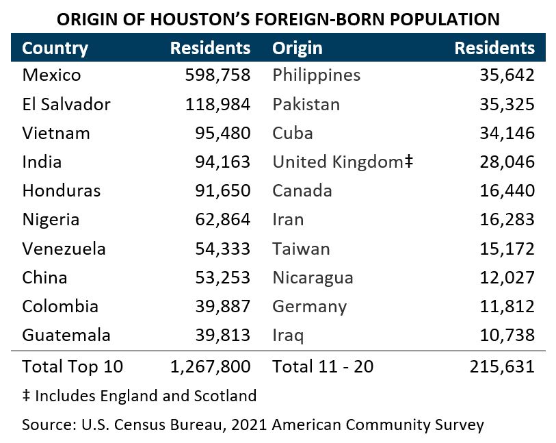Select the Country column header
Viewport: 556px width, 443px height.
pyautogui.click(x=55, y=48)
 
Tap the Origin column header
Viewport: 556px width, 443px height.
pyautogui.click(x=297, y=48)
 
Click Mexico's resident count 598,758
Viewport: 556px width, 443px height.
pyautogui.click(x=217, y=75)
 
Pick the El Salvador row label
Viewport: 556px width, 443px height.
pyautogui.click(x=66, y=104)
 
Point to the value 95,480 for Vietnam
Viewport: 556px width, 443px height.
pyautogui.click(x=222, y=133)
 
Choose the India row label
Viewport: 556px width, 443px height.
pyautogui.click(x=42, y=162)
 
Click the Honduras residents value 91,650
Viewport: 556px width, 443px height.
pyautogui.click(x=222, y=190)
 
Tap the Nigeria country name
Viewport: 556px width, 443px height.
pyautogui.click(x=51, y=219)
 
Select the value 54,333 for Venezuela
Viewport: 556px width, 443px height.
pyautogui.click(x=222, y=249)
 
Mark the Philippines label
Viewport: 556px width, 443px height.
pyautogui.click(x=316, y=75)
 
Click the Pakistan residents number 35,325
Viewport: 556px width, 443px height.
pyautogui.click(x=506, y=104)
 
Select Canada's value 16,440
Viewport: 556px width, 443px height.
pyautogui.click(x=506, y=190)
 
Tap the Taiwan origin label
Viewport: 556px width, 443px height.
pyautogui.click(x=301, y=249)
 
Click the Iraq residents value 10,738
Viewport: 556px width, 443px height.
pyautogui.click(x=506, y=335)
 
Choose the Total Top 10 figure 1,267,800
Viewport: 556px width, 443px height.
pyautogui.click(x=210, y=366)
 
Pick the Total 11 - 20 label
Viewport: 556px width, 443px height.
pyautogui.click(x=323, y=366)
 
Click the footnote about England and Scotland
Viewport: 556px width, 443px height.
pyautogui.click(x=140, y=395)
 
